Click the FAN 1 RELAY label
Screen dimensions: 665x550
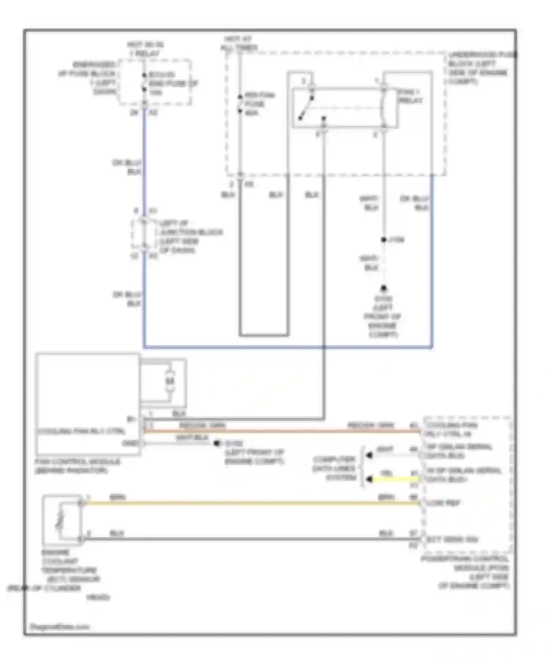coord(410,96)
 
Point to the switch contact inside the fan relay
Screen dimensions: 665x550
coord(306,109)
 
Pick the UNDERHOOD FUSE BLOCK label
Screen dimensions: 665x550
coord(481,68)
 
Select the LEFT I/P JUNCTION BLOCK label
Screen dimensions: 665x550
coord(190,237)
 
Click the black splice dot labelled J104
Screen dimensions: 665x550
coord(384,240)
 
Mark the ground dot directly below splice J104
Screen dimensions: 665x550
coord(384,288)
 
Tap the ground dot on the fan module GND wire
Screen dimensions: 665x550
coord(217,443)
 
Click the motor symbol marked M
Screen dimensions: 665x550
coord(169,381)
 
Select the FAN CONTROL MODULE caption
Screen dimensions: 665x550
coord(77,466)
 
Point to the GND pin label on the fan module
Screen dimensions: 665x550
coord(130,443)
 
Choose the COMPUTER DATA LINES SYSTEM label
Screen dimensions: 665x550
coord(334,469)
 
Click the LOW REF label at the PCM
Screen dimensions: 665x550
coord(443,503)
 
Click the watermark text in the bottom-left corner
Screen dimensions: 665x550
coord(59,627)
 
